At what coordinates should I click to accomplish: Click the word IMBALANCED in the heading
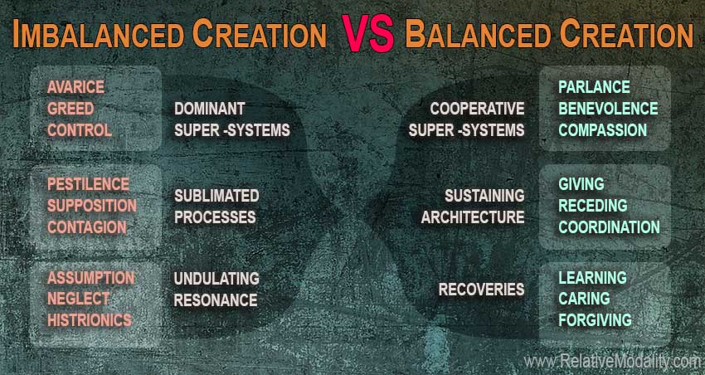[99, 34]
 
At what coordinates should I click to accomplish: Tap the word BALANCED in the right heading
[479, 34]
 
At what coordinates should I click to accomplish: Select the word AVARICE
[75, 87]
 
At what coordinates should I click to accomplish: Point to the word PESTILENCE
[88, 184]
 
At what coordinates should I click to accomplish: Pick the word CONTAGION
[87, 227]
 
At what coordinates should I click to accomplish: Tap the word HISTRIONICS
[90, 320]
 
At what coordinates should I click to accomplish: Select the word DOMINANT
[210, 109]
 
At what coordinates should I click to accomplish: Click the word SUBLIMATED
[216, 196]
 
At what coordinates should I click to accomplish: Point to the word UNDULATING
[216, 278]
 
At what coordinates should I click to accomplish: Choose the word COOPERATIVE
[477, 109]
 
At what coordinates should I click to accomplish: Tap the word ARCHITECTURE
[473, 217]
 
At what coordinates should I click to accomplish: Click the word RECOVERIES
[482, 289]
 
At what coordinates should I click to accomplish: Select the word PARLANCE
[594, 87]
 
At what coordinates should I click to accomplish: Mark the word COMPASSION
[602, 130]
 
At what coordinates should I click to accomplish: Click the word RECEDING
[592, 206]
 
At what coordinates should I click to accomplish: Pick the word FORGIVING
[595, 320]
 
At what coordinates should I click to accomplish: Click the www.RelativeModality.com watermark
[612, 361]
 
